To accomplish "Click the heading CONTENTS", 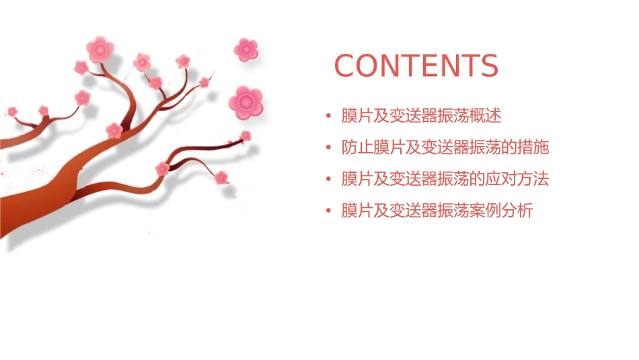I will pos(416,66).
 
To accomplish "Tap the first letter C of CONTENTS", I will pos(345,66).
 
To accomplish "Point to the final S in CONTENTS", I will pos(489,66).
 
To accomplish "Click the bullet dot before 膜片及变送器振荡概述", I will pos(328,116).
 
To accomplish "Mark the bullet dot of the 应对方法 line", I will pos(328,180).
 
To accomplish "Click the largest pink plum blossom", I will pos(245,102).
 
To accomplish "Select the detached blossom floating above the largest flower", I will pos(246,49).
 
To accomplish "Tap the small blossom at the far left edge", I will pos(12,111).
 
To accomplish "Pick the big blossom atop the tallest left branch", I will pos(100,49).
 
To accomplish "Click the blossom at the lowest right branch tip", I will pos(221,178).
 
